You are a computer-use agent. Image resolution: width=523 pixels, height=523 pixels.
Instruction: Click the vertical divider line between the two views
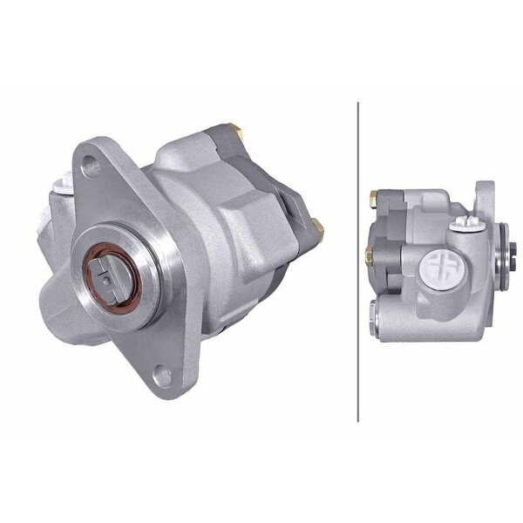[x=358, y=261]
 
